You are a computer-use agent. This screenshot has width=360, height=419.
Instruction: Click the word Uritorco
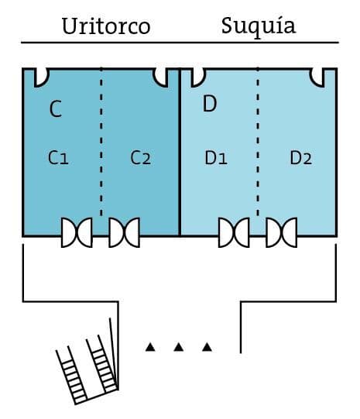tap(106, 26)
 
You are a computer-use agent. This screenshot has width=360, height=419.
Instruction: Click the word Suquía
tap(259, 26)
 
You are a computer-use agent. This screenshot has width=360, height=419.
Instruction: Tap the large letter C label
tap(56, 108)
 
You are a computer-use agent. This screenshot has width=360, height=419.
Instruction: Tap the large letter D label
tap(210, 104)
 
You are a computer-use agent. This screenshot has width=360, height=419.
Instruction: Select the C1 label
tap(58, 157)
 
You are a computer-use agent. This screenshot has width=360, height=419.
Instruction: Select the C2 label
tap(141, 157)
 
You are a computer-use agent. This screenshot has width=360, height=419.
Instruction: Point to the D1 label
tap(216, 158)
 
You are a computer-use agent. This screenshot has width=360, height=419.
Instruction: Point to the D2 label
tap(301, 158)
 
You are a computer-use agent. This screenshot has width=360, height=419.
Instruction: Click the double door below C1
tap(77, 232)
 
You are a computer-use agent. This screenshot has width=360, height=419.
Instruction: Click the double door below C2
tap(124, 232)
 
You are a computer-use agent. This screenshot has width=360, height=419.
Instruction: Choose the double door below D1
tap(234, 232)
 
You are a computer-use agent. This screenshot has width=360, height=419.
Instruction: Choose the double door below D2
tap(282, 232)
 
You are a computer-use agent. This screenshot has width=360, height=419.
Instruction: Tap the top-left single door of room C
tap(42, 77)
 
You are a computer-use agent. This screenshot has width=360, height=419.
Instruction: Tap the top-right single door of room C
tap(160, 77)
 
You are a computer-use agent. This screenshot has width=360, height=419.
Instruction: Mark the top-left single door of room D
tap(198, 77)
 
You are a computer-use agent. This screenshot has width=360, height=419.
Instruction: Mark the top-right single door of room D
tap(317, 77)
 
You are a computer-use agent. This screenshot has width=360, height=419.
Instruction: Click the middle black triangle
tap(179, 347)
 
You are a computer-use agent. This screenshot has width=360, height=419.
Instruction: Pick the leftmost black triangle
tap(150, 347)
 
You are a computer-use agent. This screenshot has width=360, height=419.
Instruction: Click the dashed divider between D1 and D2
tap(258, 142)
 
